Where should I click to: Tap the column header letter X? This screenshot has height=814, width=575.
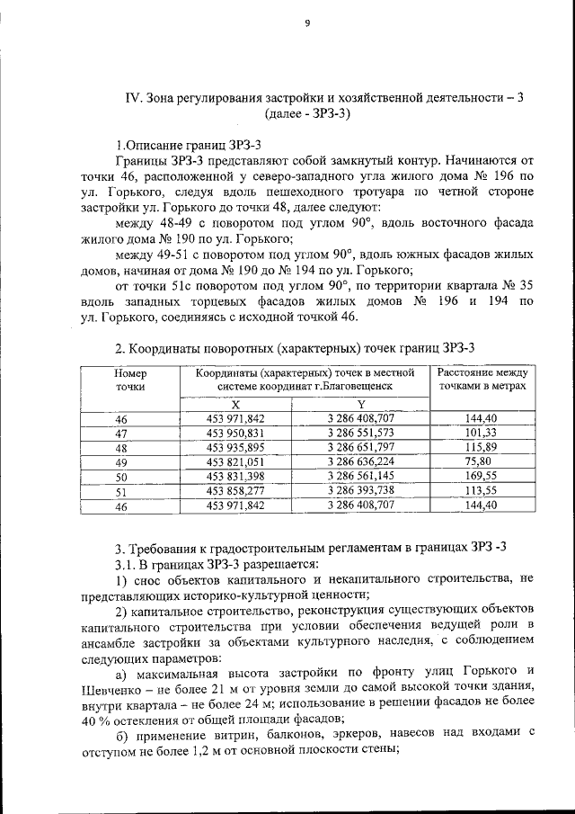point(235,405)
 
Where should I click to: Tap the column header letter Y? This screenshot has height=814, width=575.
point(361,405)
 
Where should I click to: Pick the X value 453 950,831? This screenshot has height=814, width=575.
point(235,433)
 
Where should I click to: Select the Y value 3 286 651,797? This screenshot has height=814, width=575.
point(361,447)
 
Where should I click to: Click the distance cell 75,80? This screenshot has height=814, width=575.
point(482,461)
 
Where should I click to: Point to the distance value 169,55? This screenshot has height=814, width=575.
point(482,476)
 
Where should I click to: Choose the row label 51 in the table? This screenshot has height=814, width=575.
point(123,491)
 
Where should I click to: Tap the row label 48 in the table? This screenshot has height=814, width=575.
point(123,448)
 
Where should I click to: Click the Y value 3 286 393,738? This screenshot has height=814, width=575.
point(361,490)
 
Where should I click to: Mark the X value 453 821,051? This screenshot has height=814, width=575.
point(235,461)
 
